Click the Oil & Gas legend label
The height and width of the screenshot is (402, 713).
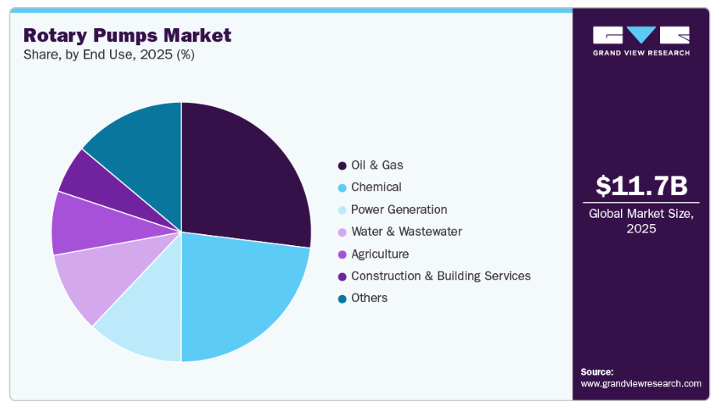point(377,165)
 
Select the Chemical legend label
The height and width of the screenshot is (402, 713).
point(376,187)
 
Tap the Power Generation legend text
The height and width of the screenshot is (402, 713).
point(399,209)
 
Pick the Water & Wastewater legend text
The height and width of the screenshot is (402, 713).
point(406,231)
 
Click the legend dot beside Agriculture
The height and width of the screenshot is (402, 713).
point(342,254)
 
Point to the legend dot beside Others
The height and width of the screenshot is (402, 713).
point(342,298)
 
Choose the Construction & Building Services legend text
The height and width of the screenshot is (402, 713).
point(441,276)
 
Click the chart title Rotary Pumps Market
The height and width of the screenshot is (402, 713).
point(127,35)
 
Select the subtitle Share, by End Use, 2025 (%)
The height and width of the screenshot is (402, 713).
point(109,55)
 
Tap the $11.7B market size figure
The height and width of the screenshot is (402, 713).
point(641,185)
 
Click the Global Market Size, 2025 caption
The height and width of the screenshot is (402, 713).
point(641,221)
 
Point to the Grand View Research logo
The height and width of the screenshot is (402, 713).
point(641,41)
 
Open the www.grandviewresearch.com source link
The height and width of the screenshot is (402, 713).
point(640,383)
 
